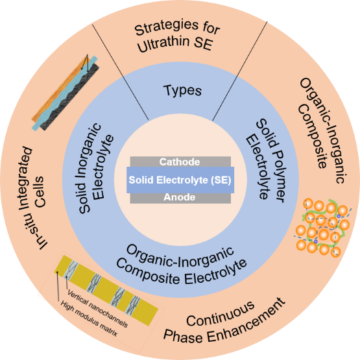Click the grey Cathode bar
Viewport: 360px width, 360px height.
click(x=180, y=162)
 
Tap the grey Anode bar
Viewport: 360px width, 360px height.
click(x=180, y=198)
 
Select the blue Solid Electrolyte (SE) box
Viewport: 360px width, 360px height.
click(x=180, y=180)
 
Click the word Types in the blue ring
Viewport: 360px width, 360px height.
click(x=182, y=90)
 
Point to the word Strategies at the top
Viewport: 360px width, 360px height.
click(x=167, y=27)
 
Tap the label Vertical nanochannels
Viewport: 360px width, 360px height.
click(x=97, y=308)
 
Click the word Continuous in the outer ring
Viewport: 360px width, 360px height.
click(x=221, y=314)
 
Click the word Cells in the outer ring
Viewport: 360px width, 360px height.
click(x=38, y=192)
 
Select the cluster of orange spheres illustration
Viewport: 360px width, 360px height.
click(x=322, y=227)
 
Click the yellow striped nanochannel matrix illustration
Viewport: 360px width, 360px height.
click(x=106, y=291)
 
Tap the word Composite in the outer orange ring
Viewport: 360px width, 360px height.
click(x=313, y=136)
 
